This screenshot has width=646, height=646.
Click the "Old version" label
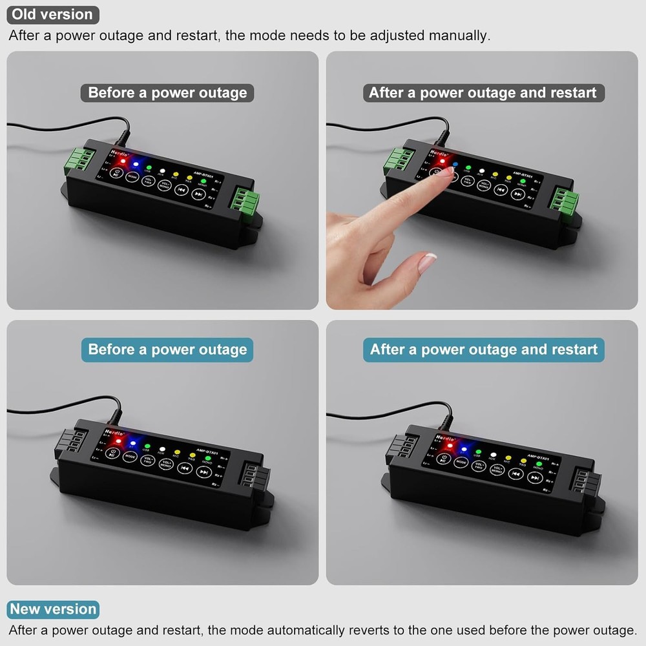[52, 14]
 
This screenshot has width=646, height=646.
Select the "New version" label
[54, 609]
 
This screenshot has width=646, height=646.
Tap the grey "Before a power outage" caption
[167, 93]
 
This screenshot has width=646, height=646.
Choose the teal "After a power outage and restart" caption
[484, 350]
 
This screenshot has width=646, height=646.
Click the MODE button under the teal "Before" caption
[130, 456]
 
